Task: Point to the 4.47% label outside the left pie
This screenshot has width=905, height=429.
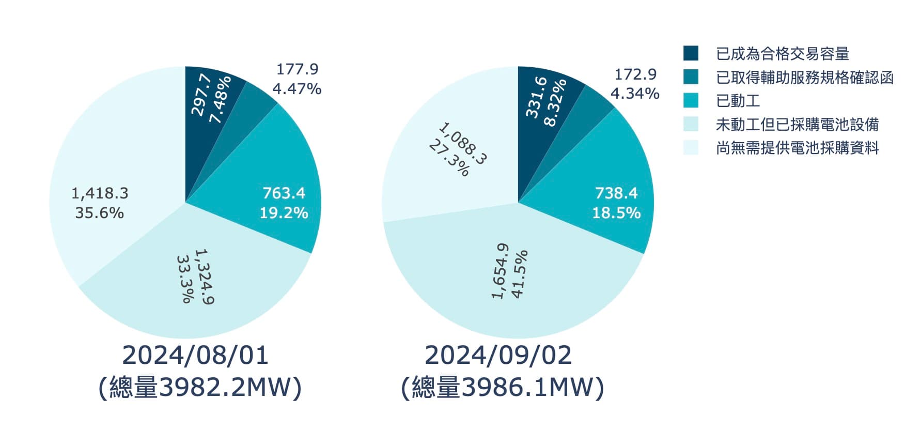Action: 297,89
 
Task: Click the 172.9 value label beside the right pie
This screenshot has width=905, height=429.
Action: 635,74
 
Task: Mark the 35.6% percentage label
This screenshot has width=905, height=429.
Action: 99,213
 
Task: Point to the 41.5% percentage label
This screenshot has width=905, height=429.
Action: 519,274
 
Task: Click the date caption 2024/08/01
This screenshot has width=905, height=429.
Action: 195,356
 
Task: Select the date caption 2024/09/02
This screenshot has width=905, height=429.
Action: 498,356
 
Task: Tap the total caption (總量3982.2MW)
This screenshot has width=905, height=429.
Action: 199,388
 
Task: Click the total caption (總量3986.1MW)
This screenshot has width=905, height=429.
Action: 502,388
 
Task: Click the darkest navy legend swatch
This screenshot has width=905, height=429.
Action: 691,53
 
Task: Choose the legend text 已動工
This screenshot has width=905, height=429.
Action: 738,101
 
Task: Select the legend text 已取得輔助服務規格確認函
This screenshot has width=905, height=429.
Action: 804,78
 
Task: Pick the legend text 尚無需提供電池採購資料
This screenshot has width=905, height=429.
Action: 797,148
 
